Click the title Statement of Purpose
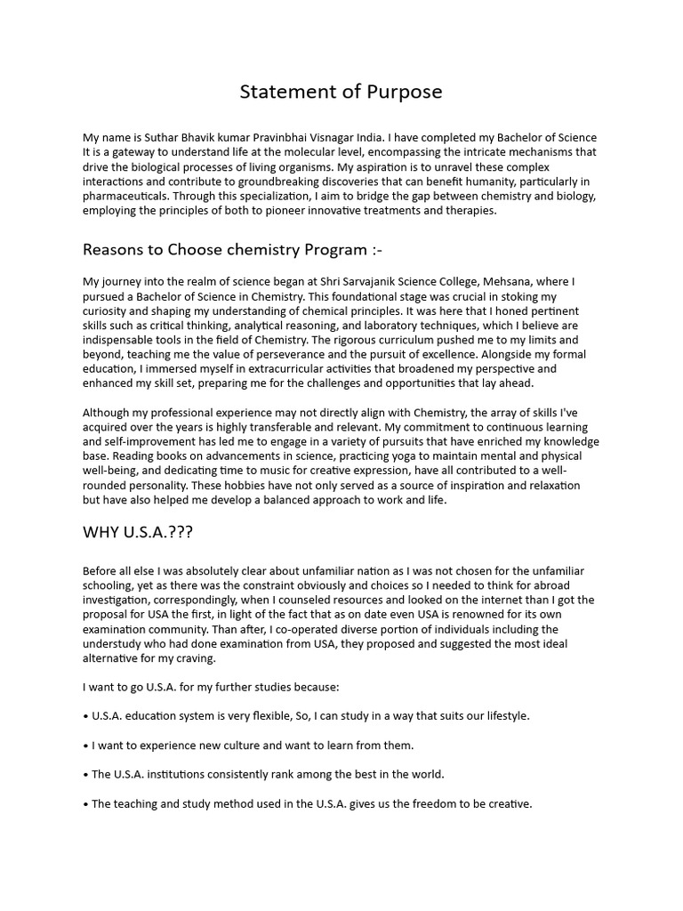[341, 93]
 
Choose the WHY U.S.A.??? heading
[138, 533]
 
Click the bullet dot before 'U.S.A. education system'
[85, 716]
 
